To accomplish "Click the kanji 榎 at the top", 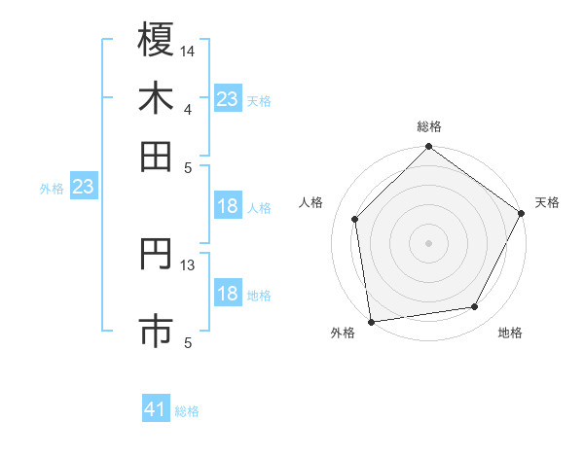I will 156,40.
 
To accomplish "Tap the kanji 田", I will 156,156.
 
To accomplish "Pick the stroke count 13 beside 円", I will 188,264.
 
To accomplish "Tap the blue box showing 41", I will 156,409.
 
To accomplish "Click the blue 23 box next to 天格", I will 227,99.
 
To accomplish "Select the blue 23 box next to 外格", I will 83,187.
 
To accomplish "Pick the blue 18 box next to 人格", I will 227,206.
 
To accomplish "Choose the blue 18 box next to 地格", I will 227,294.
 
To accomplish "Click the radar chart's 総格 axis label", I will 429,126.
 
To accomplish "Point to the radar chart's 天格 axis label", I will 547,202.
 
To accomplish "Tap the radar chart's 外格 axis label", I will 343,333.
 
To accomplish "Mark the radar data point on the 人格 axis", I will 355,219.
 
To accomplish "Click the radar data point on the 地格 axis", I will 475,307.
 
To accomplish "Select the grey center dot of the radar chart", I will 429,242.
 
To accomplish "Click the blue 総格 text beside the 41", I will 187,411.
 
